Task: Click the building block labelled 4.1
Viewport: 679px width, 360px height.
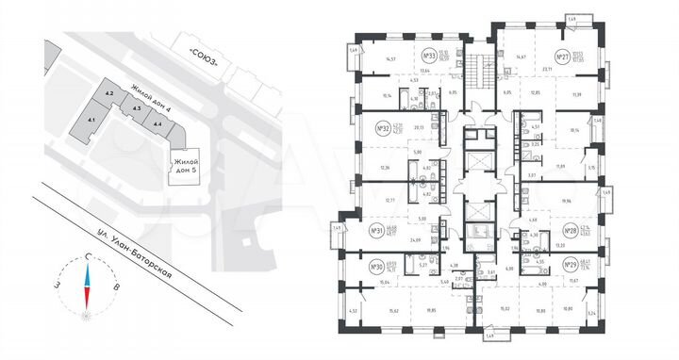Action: pyautogui.click(x=91, y=120)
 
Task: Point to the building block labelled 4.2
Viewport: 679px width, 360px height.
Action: pyautogui.click(x=109, y=94)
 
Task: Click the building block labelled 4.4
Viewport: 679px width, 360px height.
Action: pyautogui.click(x=157, y=123)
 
